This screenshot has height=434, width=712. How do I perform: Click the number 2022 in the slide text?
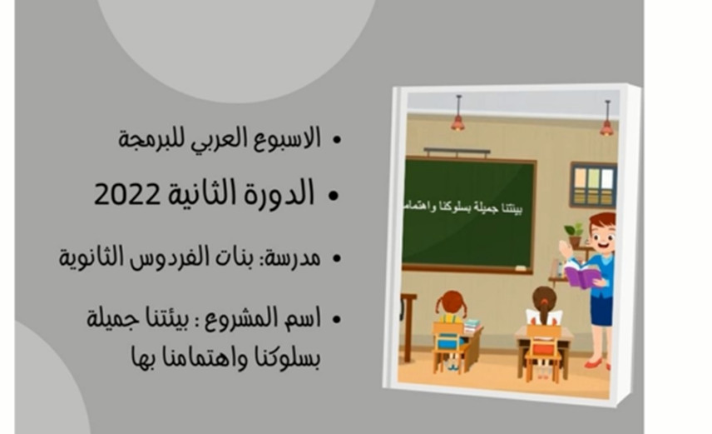coord(127,194)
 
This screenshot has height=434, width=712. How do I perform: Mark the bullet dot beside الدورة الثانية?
coord(334,196)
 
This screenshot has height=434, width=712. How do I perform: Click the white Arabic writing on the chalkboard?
coord(463,208)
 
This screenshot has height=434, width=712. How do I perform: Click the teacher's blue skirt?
coord(601,312)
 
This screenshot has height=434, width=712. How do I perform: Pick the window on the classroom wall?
coord(594,185)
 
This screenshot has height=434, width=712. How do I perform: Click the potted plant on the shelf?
coord(574,234)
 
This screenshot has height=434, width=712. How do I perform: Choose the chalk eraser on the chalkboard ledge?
coord(521,268)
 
